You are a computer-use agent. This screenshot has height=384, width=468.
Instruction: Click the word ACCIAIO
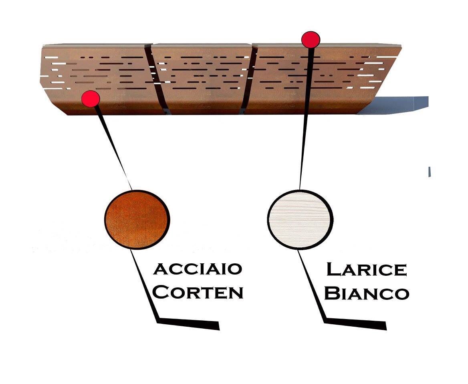(x=198, y=269)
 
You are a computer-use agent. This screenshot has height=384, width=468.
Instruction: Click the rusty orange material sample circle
(x=137, y=220)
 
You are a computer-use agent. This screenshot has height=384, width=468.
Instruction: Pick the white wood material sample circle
(x=300, y=220)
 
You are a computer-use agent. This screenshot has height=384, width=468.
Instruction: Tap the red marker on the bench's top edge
(x=311, y=39)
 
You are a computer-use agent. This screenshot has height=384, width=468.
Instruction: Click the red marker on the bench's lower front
(x=91, y=99)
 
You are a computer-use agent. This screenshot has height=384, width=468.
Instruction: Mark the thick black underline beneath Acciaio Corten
(x=188, y=324)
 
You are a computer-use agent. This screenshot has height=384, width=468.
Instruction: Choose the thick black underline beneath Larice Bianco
(x=355, y=324)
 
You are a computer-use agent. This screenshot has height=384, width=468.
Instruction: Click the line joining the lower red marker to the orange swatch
(x=113, y=148)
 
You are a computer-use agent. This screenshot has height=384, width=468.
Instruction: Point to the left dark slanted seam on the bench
(x=156, y=79)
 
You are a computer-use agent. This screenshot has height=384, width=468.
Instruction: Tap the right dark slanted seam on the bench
(x=248, y=79)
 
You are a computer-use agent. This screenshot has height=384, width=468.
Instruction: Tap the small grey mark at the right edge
(x=430, y=172)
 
